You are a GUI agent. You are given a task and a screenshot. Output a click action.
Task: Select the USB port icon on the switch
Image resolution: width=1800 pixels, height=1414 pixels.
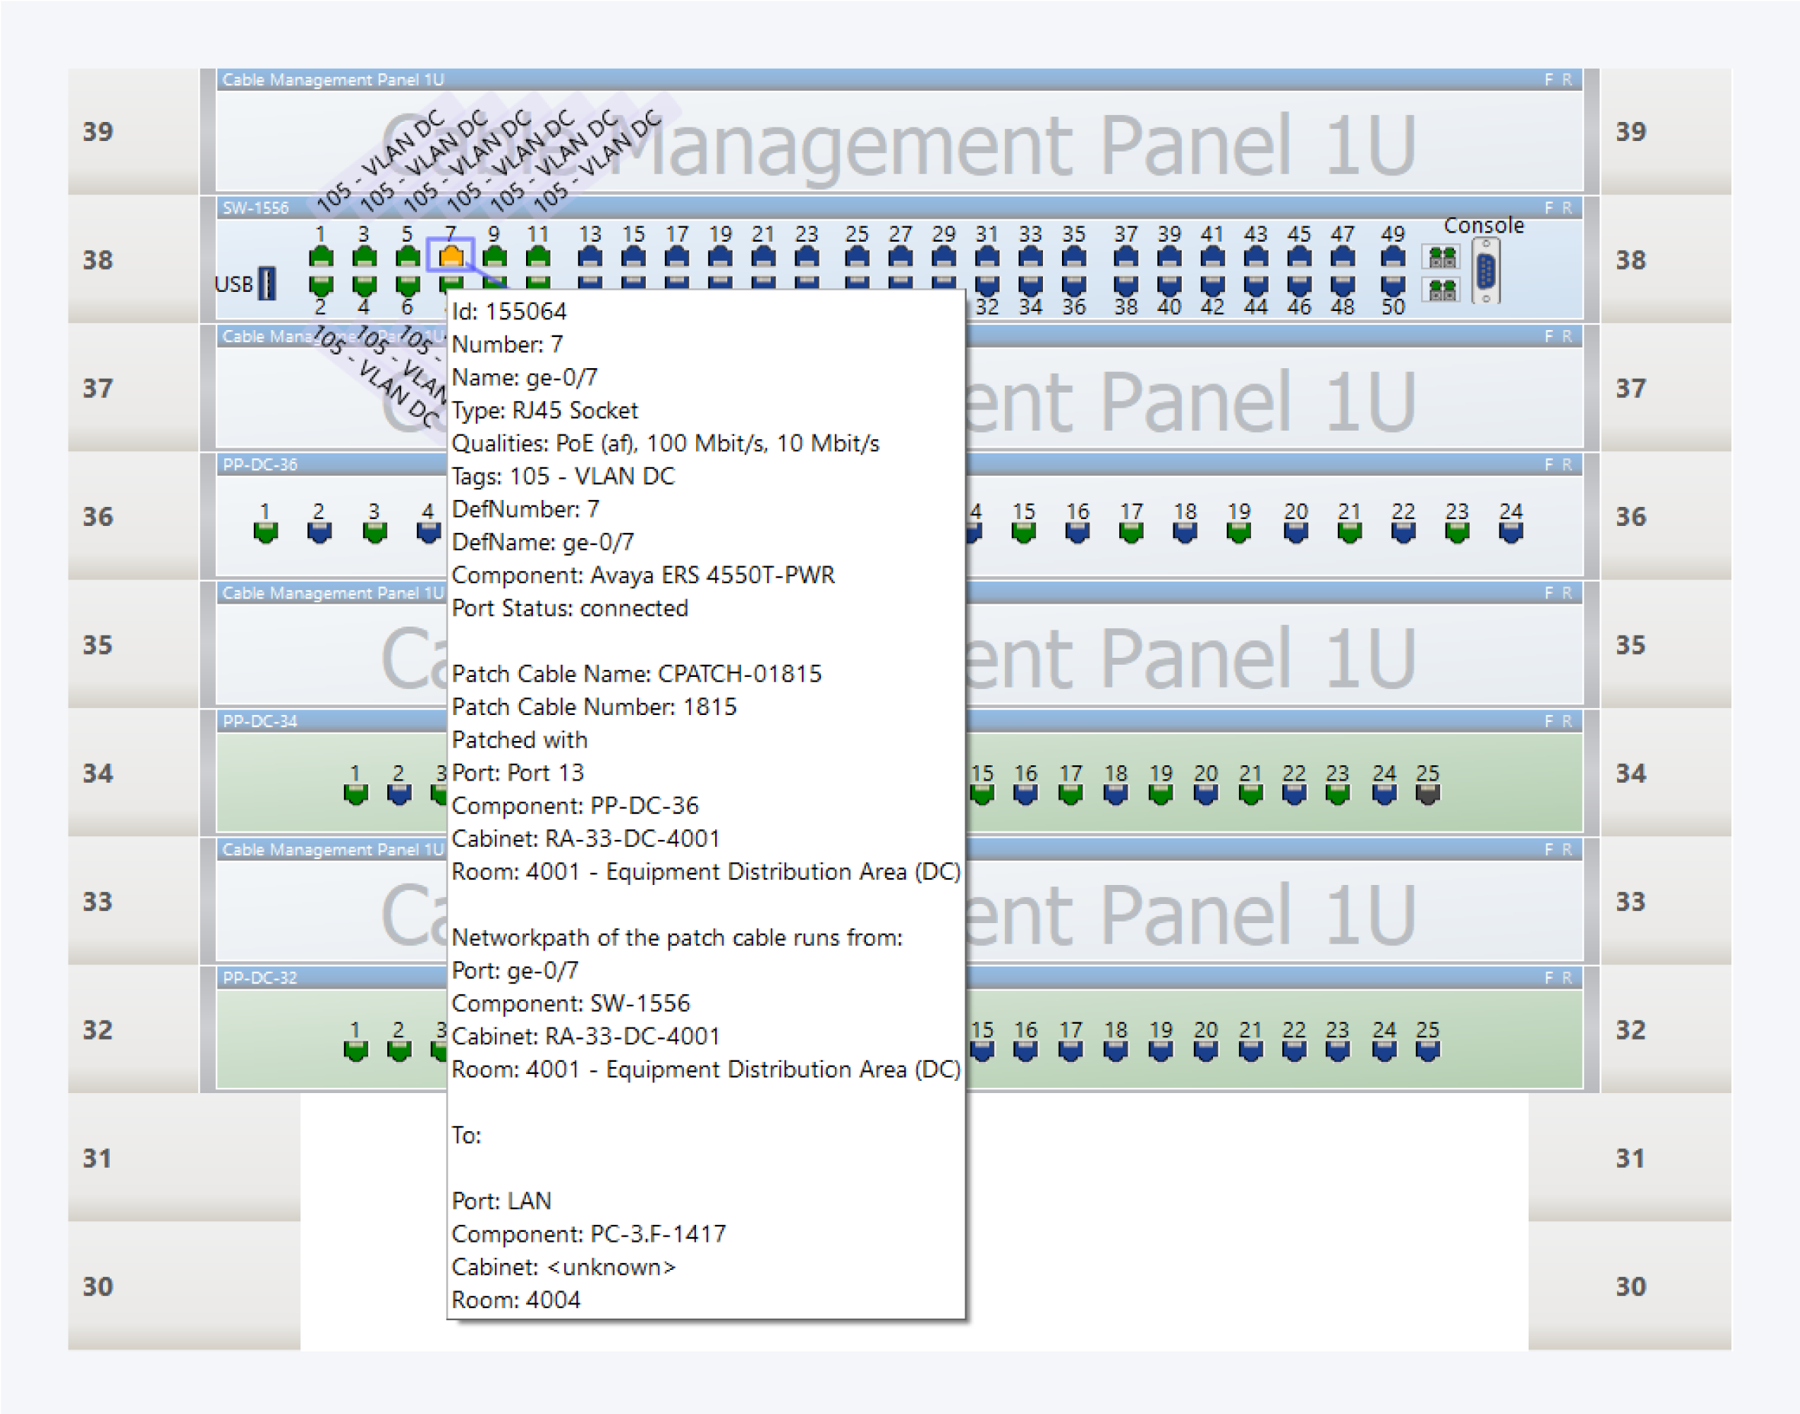pyautogui.click(x=267, y=284)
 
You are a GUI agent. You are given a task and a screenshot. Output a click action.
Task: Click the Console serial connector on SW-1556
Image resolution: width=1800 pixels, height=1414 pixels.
pyautogui.click(x=1485, y=271)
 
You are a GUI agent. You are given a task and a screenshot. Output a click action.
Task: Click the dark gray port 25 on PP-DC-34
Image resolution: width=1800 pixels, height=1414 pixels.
pyautogui.click(x=1427, y=793)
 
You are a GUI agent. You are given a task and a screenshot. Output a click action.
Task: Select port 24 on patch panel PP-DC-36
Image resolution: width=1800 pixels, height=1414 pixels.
pyautogui.click(x=1510, y=531)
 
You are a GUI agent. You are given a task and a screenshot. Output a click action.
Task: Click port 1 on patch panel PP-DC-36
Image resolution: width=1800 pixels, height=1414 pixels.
pyautogui.click(x=265, y=531)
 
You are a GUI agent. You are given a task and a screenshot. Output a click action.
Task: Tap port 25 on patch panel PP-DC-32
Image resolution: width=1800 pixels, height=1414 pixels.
pyautogui.click(x=1427, y=1050)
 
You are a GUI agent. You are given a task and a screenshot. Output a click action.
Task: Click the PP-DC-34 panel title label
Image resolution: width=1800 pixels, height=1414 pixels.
pyautogui.click(x=260, y=721)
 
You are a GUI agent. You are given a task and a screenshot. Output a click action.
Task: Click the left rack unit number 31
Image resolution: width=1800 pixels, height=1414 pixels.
pyautogui.click(x=98, y=1157)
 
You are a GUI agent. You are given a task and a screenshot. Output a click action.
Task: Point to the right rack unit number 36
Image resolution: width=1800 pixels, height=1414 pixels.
pyautogui.click(x=1630, y=517)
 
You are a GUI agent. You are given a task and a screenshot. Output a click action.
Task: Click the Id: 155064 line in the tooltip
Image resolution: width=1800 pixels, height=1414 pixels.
pyautogui.click(x=509, y=311)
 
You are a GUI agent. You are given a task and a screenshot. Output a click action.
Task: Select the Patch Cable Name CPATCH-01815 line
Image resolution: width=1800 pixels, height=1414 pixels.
pyautogui.click(x=636, y=674)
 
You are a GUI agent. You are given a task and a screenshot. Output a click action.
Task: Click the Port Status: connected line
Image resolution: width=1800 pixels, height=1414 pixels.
pyautogui.click(x=570, y=608)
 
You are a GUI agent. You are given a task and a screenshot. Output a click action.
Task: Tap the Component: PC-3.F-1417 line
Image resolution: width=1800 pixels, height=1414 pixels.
pyautogui.click(x=588, y=1233)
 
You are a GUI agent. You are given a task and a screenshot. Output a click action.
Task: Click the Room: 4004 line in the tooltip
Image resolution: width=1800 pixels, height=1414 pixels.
pyautogui.click(x=516, y=1300)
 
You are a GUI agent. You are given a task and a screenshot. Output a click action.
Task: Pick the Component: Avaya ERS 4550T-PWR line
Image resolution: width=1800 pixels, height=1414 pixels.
pyautogui.click(x=643, y=575)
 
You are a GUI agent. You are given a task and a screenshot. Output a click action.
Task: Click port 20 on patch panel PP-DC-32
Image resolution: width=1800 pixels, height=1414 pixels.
pyautogui.click(x=1205, y=1050)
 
